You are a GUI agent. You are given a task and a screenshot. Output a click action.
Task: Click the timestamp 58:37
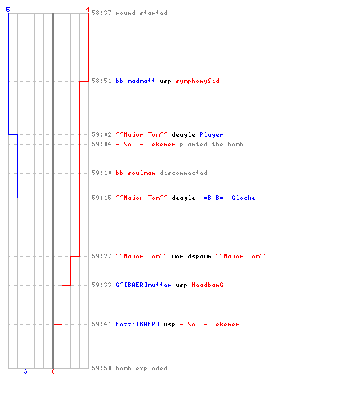(x=102, y=13)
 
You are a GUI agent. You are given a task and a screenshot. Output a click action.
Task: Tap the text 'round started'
(x=142, y=13)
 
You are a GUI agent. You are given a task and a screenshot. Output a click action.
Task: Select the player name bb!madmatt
(x=135, y=81)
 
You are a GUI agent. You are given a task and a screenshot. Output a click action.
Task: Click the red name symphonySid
(x=198, y=81)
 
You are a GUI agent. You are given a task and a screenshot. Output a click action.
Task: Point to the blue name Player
(x=211, y=134)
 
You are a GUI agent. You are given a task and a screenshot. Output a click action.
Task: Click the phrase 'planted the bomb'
(x=211, y=144)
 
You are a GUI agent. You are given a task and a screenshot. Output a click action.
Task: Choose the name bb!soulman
(x=135, y=173)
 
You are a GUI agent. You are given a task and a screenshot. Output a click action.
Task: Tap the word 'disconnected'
(x=184, y=173)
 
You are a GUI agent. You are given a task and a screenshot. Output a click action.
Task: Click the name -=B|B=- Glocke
(x=227, y=198)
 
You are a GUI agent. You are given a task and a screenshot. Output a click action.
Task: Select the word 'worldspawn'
(x=191, y=256)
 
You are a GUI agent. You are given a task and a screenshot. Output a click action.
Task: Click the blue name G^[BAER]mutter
(x=143, y=285)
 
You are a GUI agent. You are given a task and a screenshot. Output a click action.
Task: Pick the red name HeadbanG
(x=207, y=285)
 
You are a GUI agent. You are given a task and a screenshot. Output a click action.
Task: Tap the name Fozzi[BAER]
(x=138, y=324)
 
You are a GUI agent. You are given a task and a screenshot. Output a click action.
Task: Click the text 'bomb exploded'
(x=142, y=368)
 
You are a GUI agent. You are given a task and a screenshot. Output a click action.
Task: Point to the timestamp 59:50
(x=102, y=368)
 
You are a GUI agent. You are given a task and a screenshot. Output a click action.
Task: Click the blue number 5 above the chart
(x=8, y=10)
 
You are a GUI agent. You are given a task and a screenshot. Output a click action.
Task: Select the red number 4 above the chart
(x=88, y=10)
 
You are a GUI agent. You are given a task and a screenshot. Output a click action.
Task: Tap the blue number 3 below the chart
(x=26, y=371)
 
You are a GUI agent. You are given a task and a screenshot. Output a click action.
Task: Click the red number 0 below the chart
(x=53, y=371)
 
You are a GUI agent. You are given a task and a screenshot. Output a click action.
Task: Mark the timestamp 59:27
(x=102, y=256)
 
